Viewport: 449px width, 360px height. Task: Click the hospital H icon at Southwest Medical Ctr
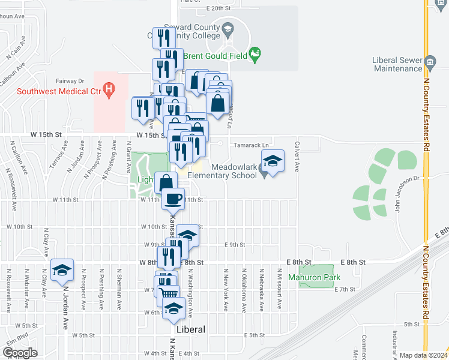point(109,92)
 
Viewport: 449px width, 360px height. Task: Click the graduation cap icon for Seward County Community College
point(228,28)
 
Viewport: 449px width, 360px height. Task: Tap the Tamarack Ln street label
point(250,145)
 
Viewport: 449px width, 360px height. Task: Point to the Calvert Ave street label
point(297,154)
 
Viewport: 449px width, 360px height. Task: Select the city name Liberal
point(191,329)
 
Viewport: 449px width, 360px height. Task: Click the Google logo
point(19,353)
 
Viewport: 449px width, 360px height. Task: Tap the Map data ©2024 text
point(423,355)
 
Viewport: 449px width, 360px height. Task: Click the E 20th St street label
point(218,8)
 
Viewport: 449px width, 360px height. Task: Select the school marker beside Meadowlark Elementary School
point(272,162)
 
